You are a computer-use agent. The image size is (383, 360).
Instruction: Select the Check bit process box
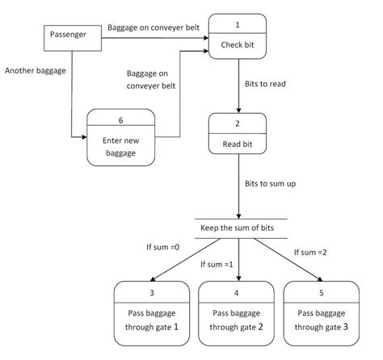click(x=238, y=40)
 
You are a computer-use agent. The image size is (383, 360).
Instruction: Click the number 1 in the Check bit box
click(x=238, y=21)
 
